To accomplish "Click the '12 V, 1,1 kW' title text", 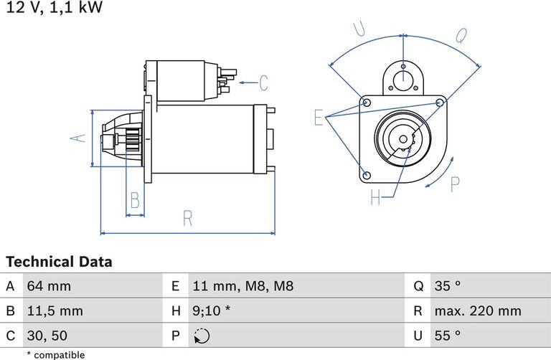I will [54, 9].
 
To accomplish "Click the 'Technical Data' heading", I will [59, 262].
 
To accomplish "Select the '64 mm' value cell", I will [49, 286].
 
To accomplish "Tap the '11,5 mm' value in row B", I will [55, 311].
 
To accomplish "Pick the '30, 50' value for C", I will [47, 335].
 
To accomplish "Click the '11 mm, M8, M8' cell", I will [242, 286].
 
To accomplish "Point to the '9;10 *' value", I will [212, 311].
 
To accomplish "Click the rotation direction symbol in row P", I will [202, 335].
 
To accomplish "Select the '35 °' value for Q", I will [447, 286].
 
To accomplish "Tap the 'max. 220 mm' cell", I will [477, 311].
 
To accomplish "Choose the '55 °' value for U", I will [447, 335].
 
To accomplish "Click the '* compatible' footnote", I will [55, 354].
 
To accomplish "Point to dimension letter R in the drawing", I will [187, 219].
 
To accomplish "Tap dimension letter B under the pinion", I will [134, 199].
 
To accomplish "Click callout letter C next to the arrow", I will [263, 83].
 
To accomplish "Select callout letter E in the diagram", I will [319, 118].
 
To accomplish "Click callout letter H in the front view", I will [375, 197].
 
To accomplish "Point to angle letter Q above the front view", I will [461, 35].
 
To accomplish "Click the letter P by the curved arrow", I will [453, 184].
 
